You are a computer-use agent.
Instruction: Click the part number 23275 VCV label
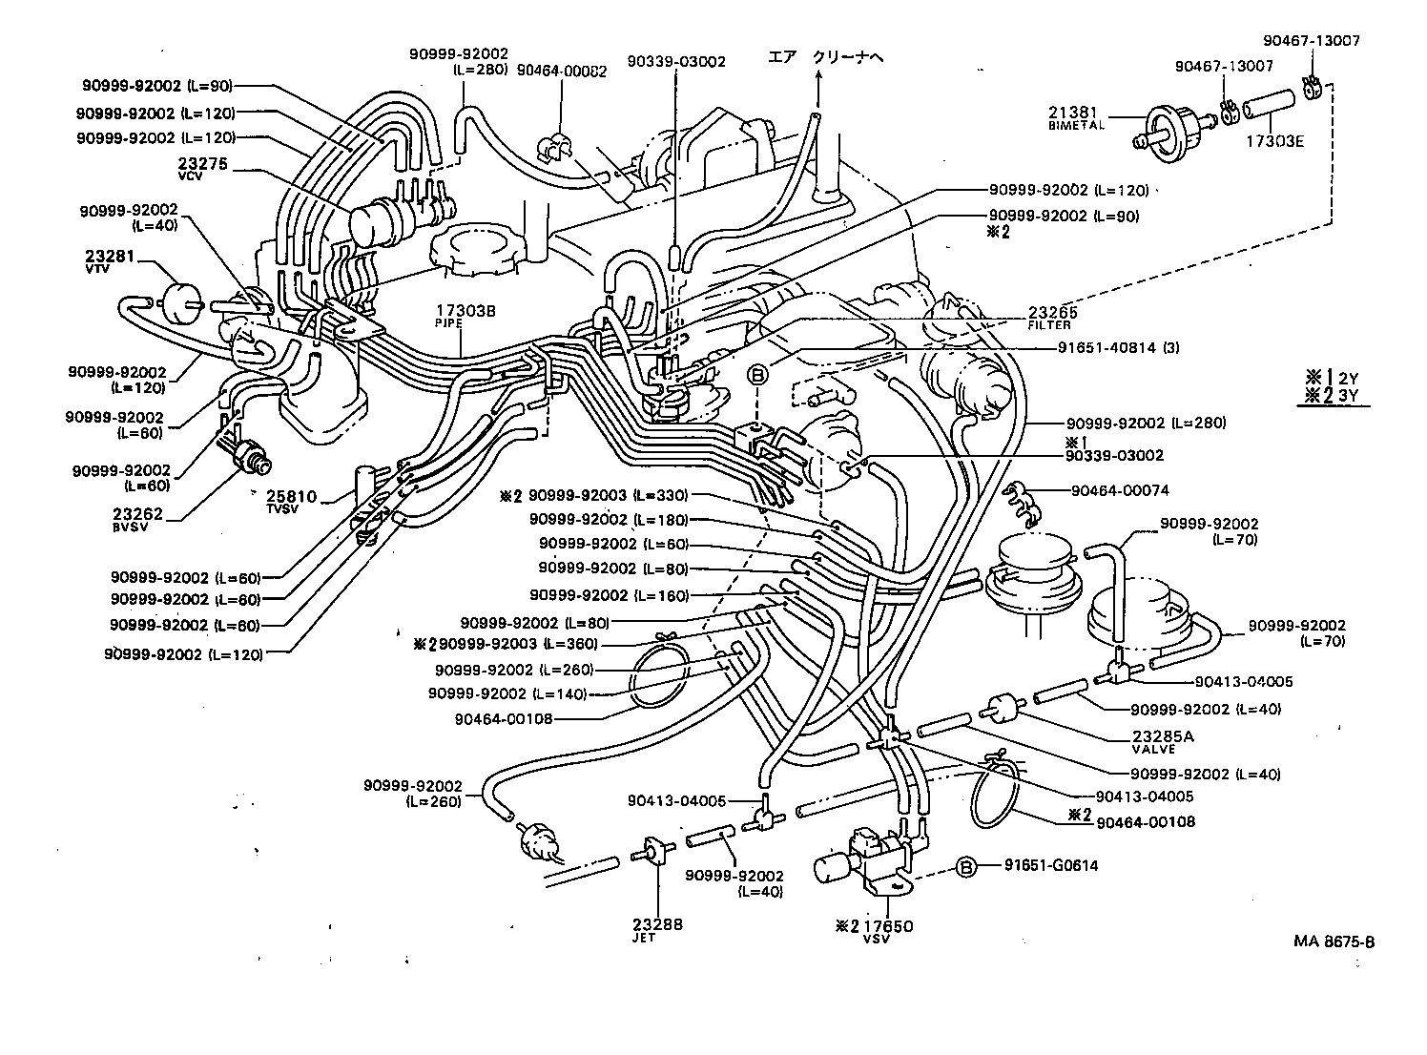201,169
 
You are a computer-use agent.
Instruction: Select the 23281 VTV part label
110,262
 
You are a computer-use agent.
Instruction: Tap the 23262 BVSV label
137,519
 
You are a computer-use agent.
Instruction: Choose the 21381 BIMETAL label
1076,117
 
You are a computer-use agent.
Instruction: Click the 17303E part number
1273,140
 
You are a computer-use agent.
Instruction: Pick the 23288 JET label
657,929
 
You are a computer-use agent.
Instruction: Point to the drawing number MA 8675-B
1334,941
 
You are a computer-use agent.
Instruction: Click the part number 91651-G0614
1050,866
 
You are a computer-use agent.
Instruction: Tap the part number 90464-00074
1119,490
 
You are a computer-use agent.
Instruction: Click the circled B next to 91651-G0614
965,867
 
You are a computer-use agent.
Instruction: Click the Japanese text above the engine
826,58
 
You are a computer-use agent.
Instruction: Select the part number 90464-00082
561,70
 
